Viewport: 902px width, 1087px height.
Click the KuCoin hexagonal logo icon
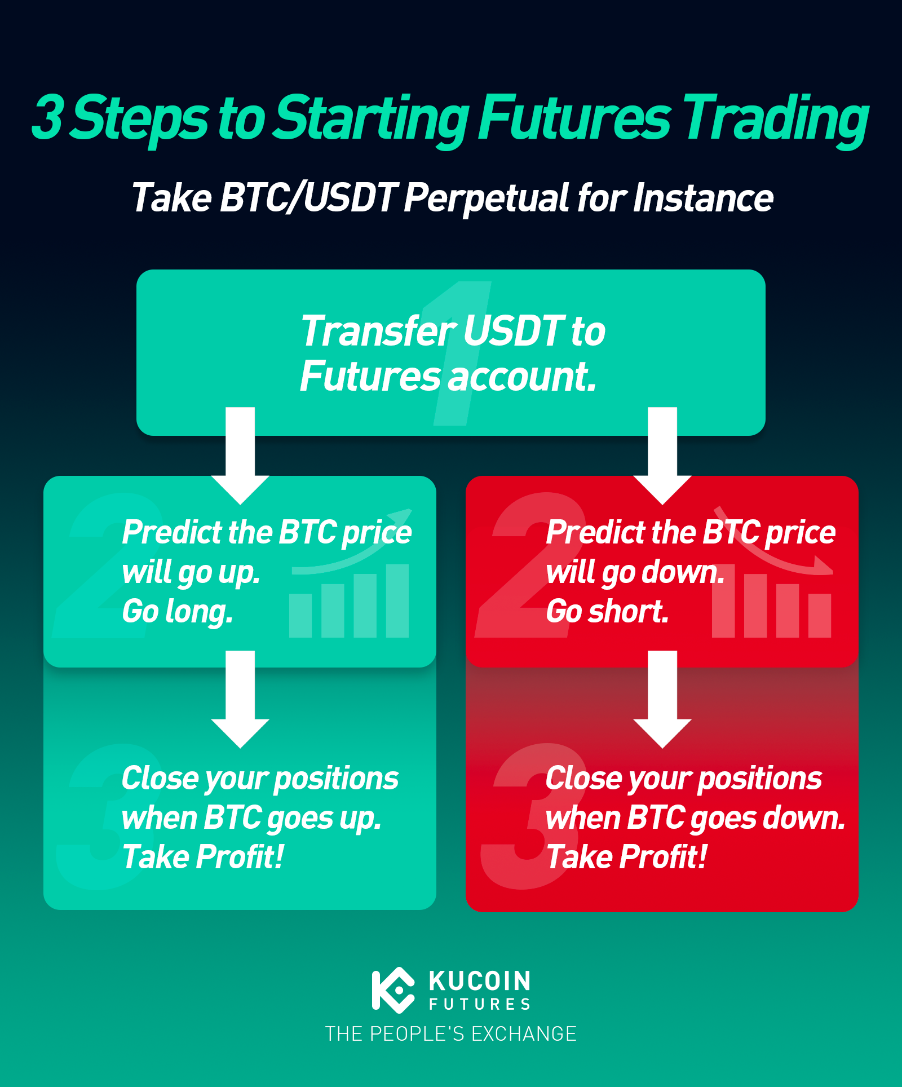click(393, 990)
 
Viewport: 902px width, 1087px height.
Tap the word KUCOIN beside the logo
click(480, 981)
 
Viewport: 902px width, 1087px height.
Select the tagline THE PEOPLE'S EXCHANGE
click(451, 1034)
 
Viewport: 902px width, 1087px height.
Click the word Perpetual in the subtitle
click(487, 199)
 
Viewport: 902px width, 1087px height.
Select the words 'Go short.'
click(607, 612)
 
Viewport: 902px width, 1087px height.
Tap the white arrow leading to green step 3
click(240, 700)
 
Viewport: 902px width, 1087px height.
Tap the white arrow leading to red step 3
click(662, 700)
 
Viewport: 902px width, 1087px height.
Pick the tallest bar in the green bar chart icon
click(397, 601)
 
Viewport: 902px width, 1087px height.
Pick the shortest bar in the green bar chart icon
click(300, 616)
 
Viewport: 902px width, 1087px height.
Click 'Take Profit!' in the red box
click(626, 858)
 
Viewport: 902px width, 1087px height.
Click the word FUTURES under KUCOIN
click(480, 1004)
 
